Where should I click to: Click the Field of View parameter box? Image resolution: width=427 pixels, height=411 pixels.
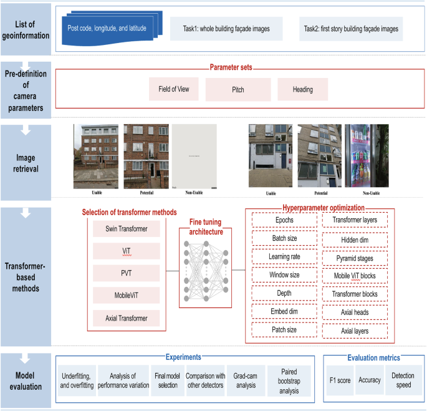point(174,89)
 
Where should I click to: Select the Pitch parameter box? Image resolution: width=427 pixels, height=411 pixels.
point(238,89)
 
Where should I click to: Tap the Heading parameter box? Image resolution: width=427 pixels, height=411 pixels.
point(302,89)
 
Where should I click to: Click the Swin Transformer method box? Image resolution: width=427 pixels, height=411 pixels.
point(127,229)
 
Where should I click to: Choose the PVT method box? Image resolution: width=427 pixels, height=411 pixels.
point(127,274)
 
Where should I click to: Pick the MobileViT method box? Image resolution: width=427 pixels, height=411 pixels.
point(127,296)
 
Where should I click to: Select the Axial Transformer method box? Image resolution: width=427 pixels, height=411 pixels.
point(127,319)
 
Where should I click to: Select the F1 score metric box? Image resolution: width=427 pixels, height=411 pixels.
point(340,380)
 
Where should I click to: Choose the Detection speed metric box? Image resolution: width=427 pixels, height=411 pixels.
point(402,380)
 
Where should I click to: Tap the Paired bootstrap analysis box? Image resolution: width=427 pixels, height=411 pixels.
point(285,380)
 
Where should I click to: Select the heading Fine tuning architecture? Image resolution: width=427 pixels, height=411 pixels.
point(205,227)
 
